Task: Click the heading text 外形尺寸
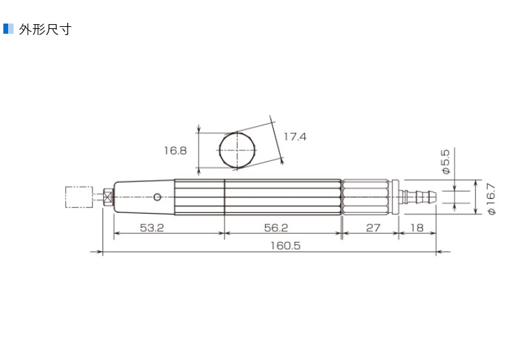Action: pos(45,30)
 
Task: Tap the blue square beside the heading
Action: pos(8,29)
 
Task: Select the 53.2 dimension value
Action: pos(152,228)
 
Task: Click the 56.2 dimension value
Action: pos(276,228)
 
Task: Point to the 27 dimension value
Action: pos(373,228)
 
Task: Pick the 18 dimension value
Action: pos(417,228)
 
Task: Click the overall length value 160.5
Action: pos(285,245)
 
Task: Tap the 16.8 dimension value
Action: pos(175,150)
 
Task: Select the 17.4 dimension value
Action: pos(295,137)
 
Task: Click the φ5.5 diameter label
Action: pos(446,161)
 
